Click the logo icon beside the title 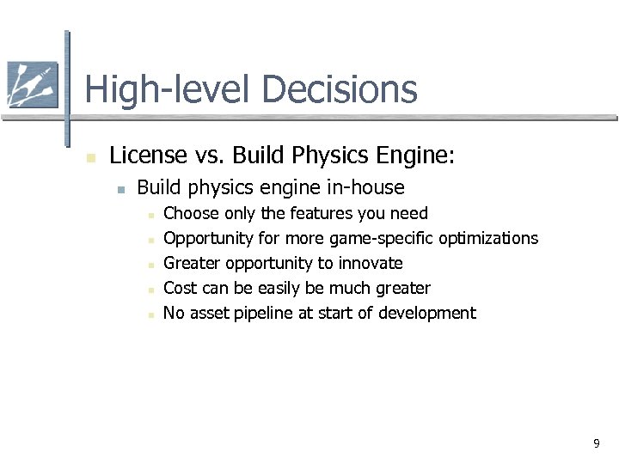[33, 84]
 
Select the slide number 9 [596, 443]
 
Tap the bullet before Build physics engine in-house [123, 188]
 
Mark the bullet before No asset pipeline [150, 314]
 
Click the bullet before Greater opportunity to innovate [150, 265]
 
